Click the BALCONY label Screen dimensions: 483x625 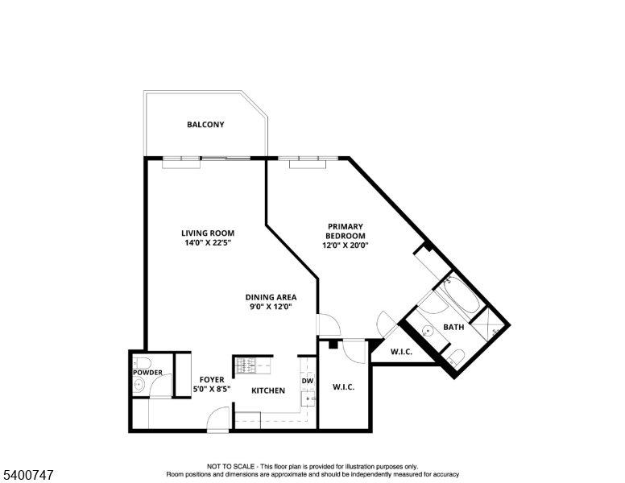click(205, 125)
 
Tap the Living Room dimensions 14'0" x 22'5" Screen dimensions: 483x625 click(207, 242)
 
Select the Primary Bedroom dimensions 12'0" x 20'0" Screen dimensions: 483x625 click(346, 246)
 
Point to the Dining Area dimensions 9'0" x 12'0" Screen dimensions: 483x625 click(270, 306)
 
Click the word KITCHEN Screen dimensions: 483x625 click(268, 390)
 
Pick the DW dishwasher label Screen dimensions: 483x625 click(307, 381)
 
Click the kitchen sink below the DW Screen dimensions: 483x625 click(307, 398)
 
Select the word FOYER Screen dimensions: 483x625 click(211, 379)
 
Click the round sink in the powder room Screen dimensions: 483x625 click(139, 386)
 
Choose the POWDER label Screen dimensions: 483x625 click(148, 373)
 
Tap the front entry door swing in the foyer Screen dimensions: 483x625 click(217, 419)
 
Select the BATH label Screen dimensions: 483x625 click(453, 328)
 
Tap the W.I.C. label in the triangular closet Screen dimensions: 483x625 click(402, 352)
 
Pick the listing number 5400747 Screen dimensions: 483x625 click(27, 475)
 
